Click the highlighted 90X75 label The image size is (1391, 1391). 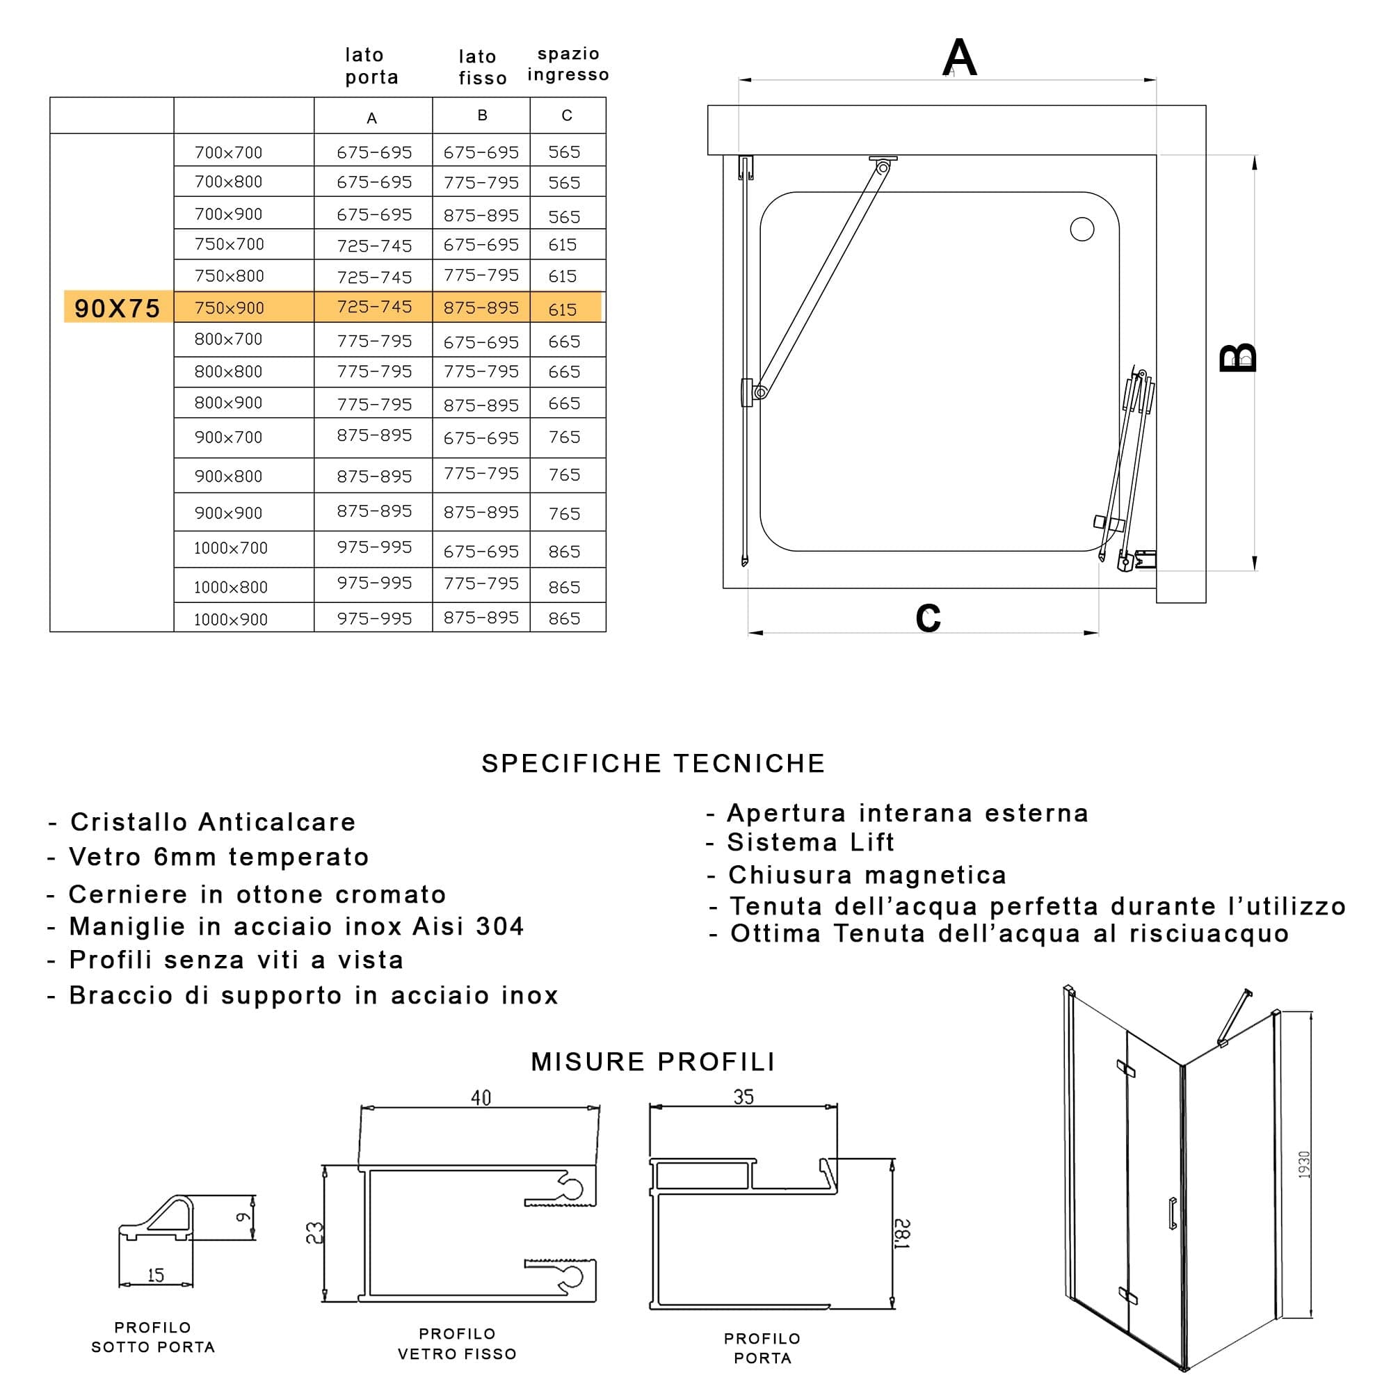click(x=118, y=308)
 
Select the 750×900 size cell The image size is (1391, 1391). click(x=229, y=308)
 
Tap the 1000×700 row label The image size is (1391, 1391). click(x=230, y=548)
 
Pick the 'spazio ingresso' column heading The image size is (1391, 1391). click(x=568, y=64)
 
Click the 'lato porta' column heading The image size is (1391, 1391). click(x=371, y=65)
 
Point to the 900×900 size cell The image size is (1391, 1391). click(x=228, y=513)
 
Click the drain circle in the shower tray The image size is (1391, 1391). click(x=1082, y=229)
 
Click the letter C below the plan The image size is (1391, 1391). click(x=928, y=617)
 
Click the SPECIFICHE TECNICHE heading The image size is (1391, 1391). click(x=653, y=763)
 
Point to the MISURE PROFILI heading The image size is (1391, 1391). click(x=653, y=1061)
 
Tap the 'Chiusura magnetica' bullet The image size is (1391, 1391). click(x=857, y=875)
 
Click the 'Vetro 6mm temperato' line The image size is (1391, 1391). click(x=208, y=857)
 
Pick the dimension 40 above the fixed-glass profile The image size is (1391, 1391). click(x=481, y=1097)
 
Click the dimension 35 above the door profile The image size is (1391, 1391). click(x=743, y=1097)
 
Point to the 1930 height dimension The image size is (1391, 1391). click(x=1304, y=1164)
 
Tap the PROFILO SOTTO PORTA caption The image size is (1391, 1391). click(x=153, y=1337)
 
